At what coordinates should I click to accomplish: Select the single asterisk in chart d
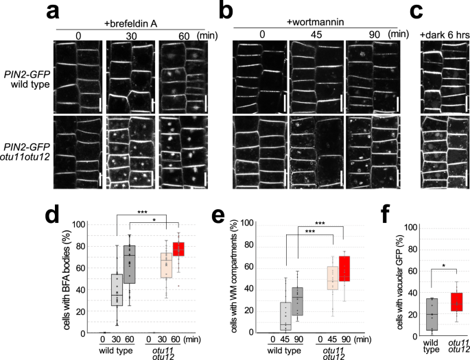click(x=154, y=220)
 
